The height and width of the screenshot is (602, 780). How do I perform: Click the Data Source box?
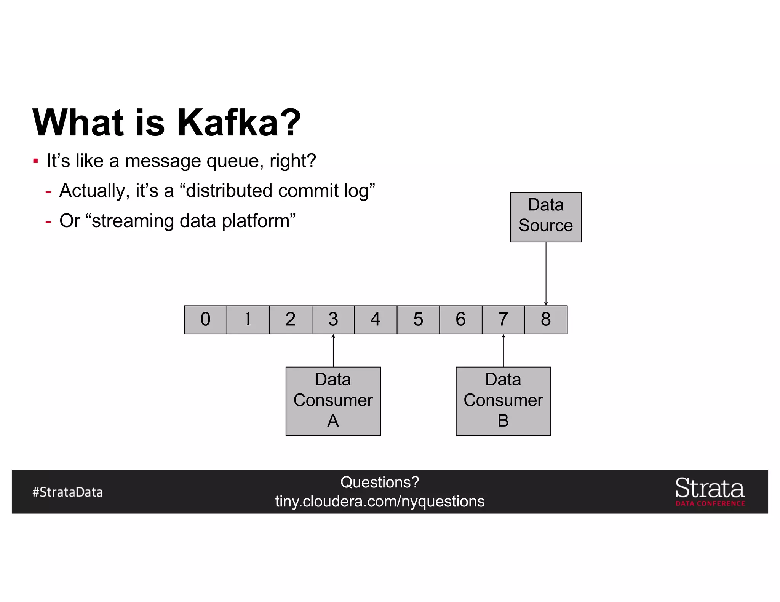tap(545, 217)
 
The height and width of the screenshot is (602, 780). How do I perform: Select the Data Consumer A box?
tap(333, 401)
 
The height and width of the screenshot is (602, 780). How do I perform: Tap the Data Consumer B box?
tap(503, 401)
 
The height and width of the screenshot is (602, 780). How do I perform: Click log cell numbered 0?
tap(205, 320)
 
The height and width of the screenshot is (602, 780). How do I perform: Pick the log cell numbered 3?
tap(333, 320)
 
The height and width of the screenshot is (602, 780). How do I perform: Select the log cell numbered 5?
tap(418, 320)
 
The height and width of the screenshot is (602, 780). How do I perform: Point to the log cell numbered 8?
tap(545, 320)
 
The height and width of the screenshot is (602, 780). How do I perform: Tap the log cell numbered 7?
tap(503, 320)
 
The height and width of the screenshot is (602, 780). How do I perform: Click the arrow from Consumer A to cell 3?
tap(333, 351)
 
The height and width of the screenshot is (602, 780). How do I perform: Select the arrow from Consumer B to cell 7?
tap(503, 351)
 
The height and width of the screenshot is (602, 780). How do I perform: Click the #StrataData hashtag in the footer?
tap(67, 492)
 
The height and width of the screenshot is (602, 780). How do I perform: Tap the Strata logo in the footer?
tap(710, 491)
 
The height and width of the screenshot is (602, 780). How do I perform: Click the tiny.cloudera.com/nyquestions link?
tap(380, 502)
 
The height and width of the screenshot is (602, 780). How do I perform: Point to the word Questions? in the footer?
tap(380, 482)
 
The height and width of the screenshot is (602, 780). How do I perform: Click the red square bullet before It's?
tap(35, 161)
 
